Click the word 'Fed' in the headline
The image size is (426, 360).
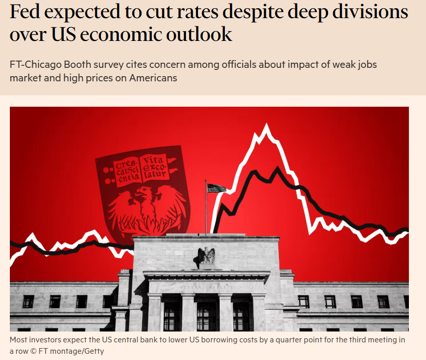click(24, 12)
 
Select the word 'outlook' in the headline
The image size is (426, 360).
click(199, 35)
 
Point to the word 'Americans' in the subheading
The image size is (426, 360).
click(153, 78)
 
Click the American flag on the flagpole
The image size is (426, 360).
click(217, 188)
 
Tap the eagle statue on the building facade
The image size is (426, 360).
click(206, 255)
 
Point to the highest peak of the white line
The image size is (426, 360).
click(266, 124)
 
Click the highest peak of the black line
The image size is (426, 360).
click(277, 168)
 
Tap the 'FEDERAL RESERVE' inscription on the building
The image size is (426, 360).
click(206, 287)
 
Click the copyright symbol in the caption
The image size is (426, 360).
click(33, 351)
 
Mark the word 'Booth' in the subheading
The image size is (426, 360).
click(78, 65)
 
